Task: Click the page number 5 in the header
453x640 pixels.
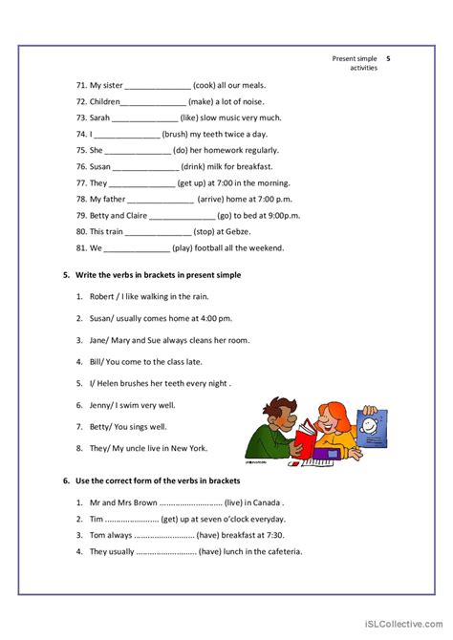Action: tap(388, 58)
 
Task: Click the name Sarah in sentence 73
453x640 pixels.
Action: tap(99, 117)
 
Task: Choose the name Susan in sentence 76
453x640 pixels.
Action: tap(101, 166)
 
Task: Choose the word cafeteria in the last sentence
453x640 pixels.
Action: tap(277, 551)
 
